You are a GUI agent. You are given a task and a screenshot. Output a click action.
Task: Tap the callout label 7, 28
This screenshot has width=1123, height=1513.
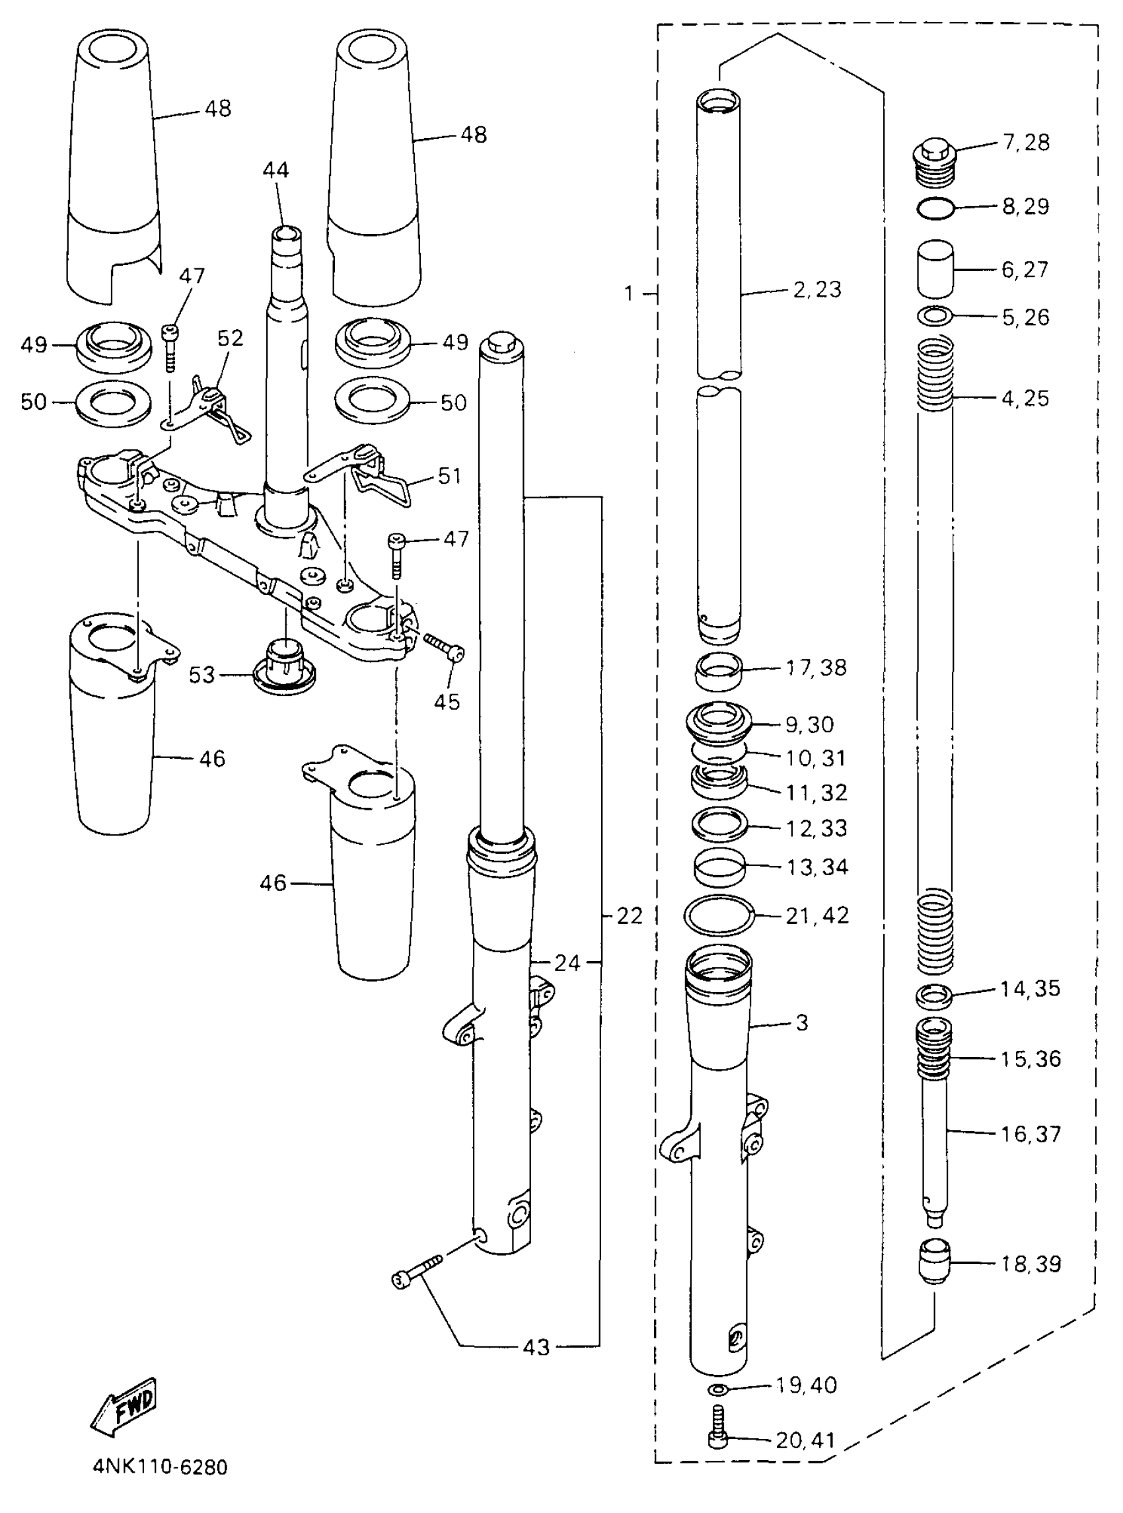coord(1026,143)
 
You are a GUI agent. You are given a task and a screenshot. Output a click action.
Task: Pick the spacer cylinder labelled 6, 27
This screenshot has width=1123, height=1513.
coord(935,268)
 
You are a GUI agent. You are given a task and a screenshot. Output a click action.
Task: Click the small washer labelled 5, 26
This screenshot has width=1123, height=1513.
coord(935,316)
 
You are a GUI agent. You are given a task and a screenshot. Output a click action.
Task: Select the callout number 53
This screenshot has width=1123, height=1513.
coord(202,676)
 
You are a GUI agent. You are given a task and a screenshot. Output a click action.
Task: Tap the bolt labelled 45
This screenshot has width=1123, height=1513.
coord(443,645)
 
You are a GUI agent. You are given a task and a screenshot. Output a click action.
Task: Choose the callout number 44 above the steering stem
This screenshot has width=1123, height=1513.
coord(275,170)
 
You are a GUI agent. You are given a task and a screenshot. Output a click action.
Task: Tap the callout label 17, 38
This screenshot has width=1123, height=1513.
coord(816,668)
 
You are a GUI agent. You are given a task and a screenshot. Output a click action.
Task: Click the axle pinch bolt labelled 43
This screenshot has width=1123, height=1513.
coord(417,1271)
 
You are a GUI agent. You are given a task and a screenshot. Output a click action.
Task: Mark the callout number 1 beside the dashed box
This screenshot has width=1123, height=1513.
coord(629,293)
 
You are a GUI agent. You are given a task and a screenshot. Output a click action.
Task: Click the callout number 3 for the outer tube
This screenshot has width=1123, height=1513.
coord(802,1022)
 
